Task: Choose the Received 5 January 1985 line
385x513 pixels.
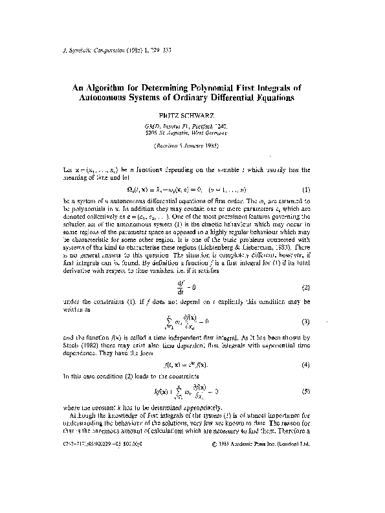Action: pos(192,146)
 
